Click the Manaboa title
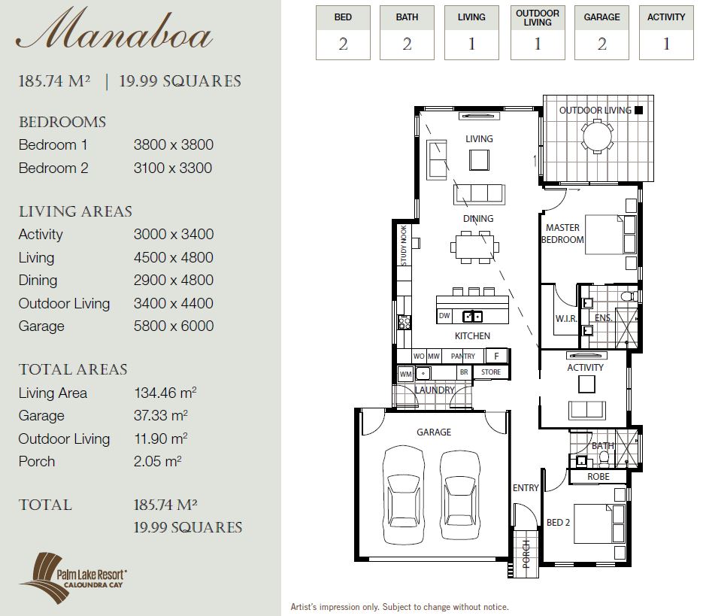pos(114,29)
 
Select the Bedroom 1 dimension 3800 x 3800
pos(174,145)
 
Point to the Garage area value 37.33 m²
pos(160,415)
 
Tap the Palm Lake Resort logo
pos(73,578)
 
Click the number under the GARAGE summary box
pos(601,44)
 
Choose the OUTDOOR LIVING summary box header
pos(538,18)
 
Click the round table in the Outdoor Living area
pos(597,136)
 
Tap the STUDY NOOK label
pos(404,245)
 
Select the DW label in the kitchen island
pos(444,316)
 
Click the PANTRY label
pos(462,357)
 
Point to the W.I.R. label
pos(566,319)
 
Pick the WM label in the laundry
pos(405,374)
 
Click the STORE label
pos(491,372)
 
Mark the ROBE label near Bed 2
pos(598,476)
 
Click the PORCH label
pos(526,554)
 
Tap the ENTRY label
pos(526,487)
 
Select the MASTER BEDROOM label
pos(562,234)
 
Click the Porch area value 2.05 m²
pos(157,461)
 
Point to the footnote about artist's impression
pos(399,607)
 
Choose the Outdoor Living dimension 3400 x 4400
pos(174,303)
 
